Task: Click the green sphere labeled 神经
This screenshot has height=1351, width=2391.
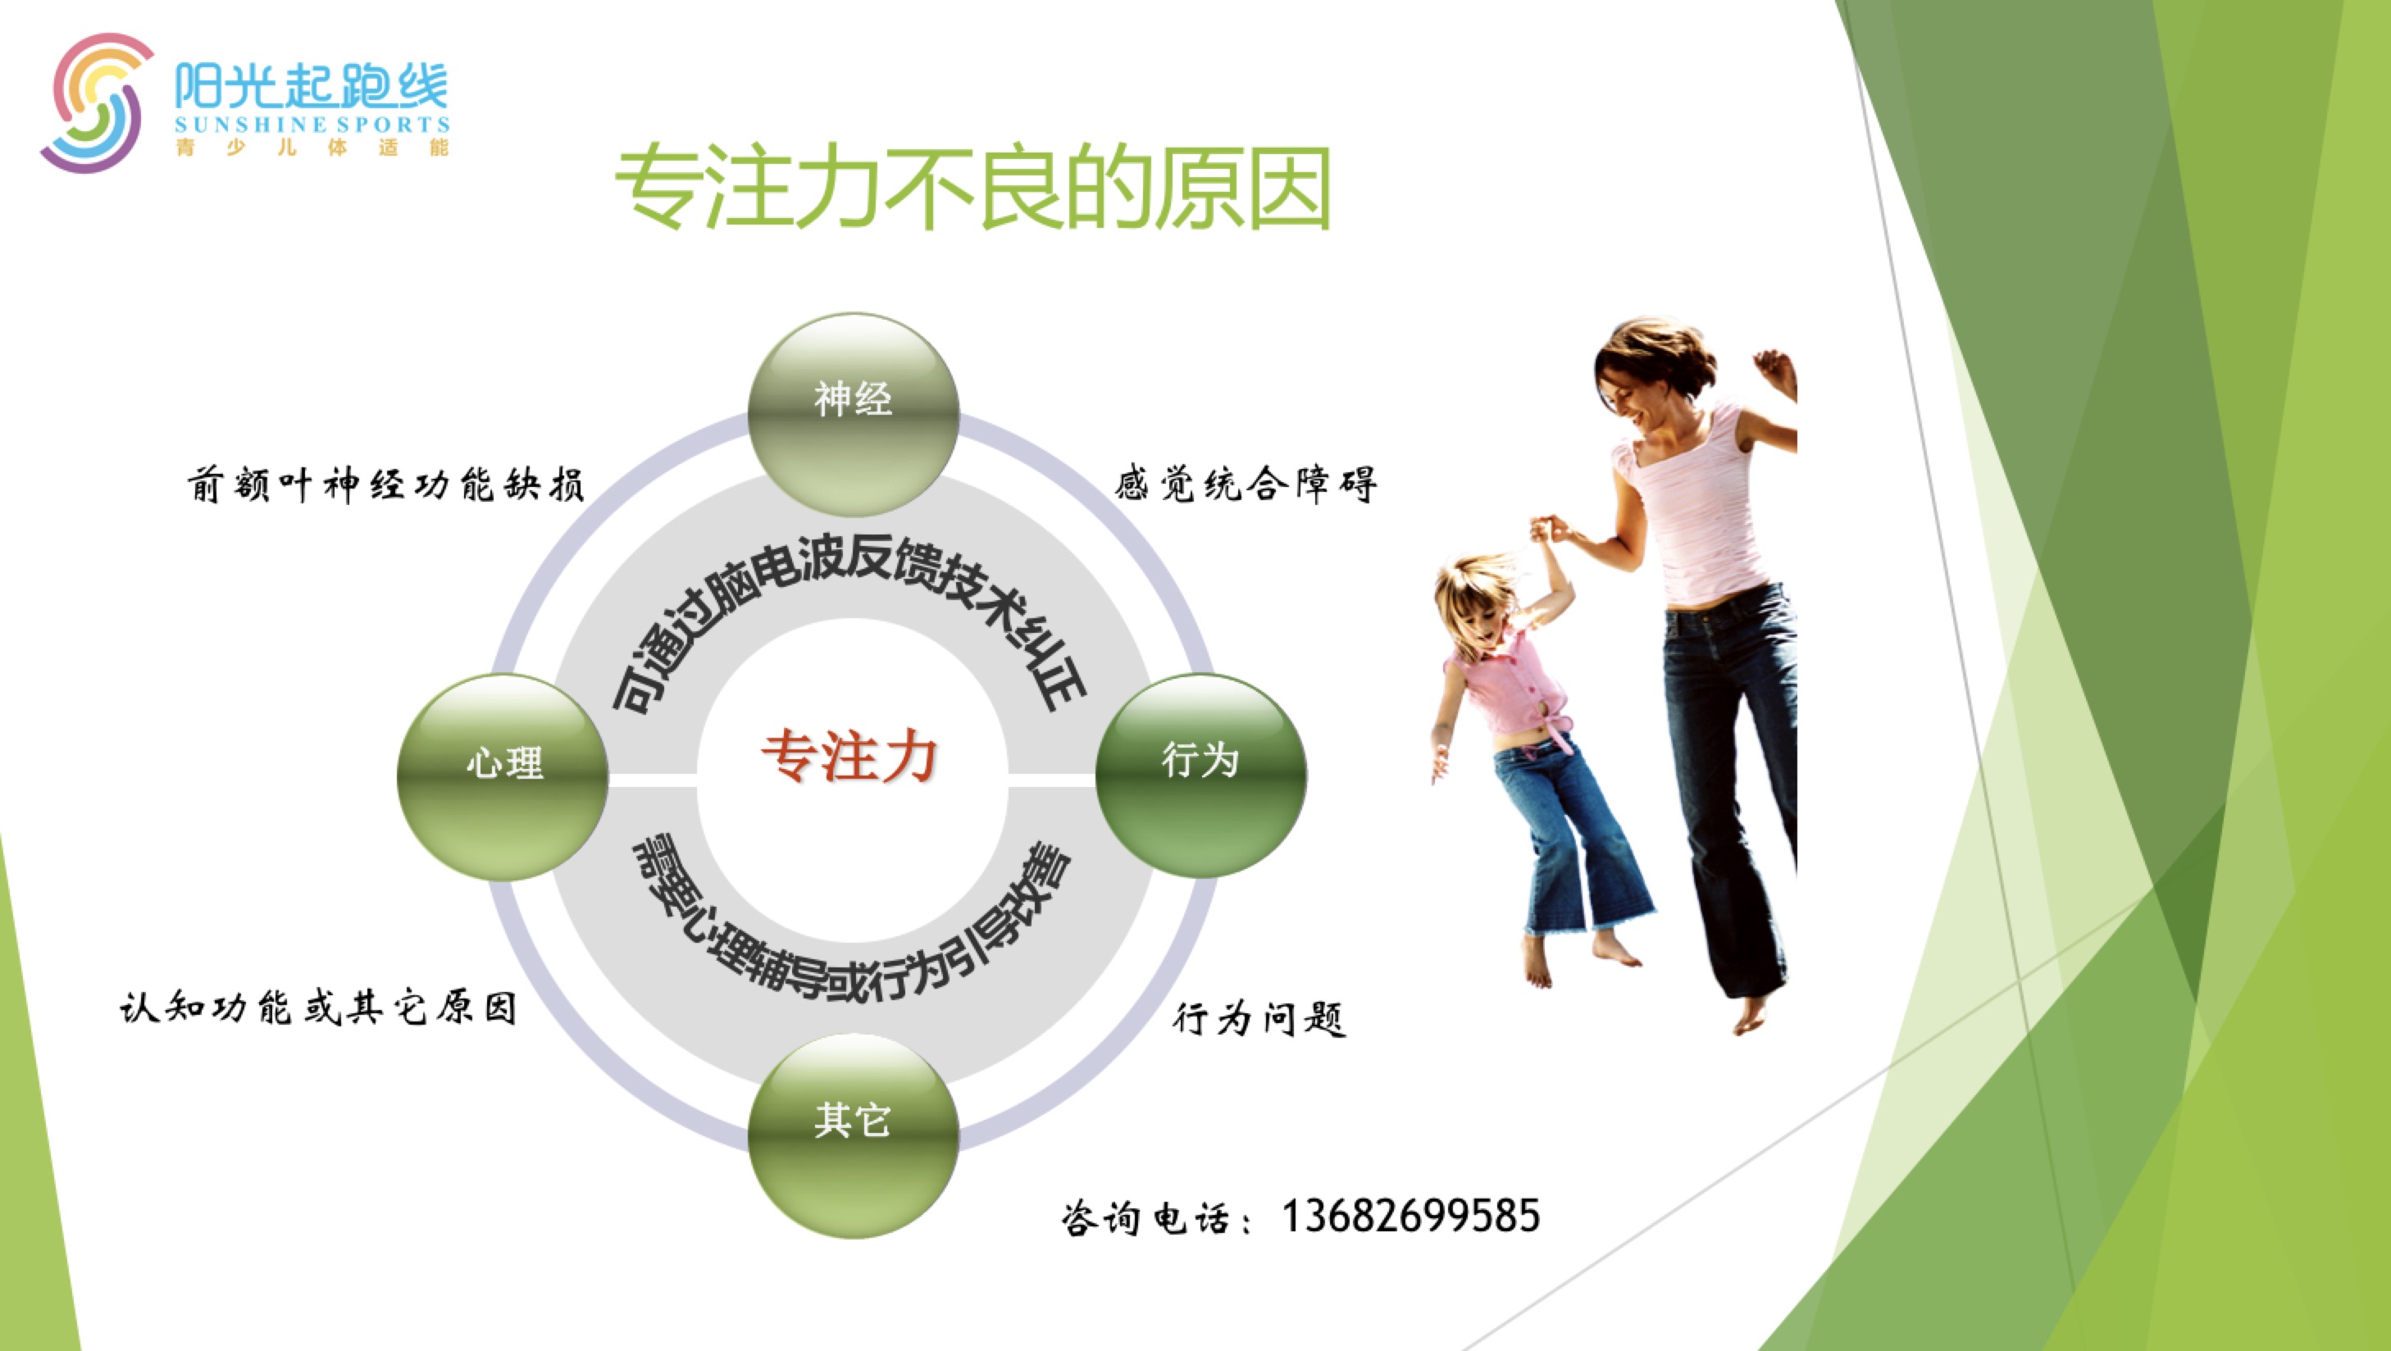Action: [x=853, y=415]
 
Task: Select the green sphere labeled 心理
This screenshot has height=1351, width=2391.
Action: [x=503, y=776]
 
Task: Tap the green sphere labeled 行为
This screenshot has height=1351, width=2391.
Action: [x=1201, y=776]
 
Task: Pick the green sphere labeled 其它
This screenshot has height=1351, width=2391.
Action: [x=853, y=1135]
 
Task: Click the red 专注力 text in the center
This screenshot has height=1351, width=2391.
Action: [x=849, y=755]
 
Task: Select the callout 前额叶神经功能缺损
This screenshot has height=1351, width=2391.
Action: [x=385, y=484]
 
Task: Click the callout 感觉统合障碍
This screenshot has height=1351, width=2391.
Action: [x=1246, y=484]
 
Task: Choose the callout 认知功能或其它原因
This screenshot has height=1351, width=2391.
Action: [x=317, y=1008]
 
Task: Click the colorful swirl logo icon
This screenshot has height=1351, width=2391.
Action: [x=94, y=102]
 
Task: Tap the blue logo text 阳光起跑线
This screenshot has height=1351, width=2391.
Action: [x=311, y=85]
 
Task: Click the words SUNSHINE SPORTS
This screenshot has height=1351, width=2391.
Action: [x=312, y=125]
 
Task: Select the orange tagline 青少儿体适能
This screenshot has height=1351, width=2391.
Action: [x=312, y=148]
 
